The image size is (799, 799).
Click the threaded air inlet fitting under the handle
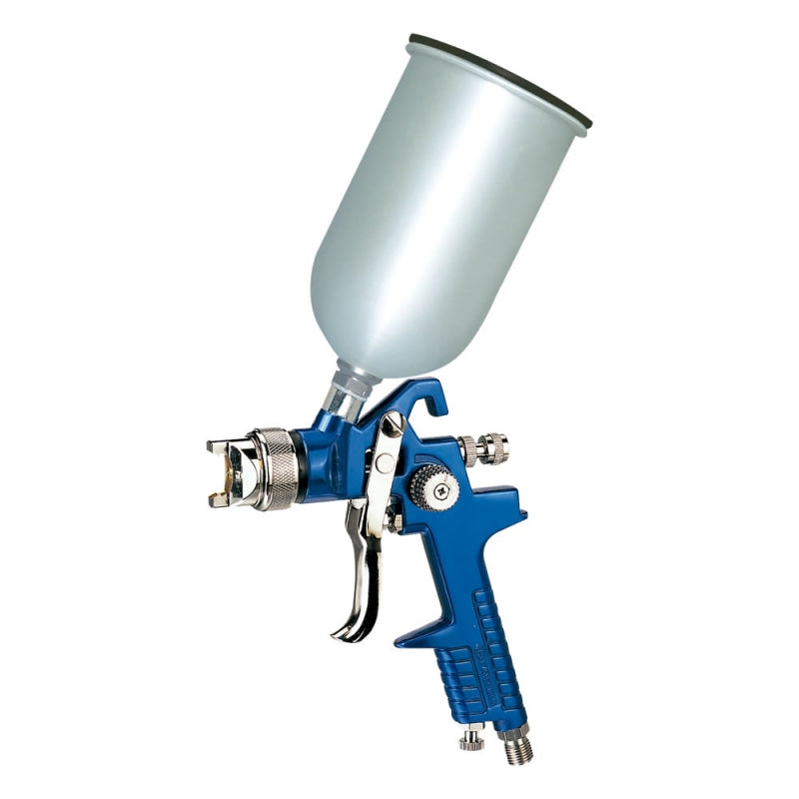pyautogui.click(x=516, y=745)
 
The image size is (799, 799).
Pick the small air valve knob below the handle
pyautogui.click(x=470, y=738)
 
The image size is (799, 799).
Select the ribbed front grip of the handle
pyautogui.click(x=459, y=669)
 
